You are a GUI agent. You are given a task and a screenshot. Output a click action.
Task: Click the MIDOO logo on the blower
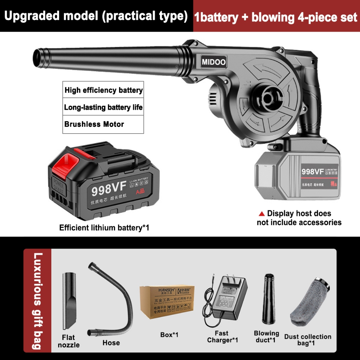coord(213,62)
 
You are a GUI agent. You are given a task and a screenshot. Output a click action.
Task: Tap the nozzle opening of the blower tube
coord(36,56)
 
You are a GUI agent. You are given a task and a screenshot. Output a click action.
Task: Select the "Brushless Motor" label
coord(94,124)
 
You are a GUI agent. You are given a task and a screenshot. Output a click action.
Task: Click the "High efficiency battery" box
coord(103,90)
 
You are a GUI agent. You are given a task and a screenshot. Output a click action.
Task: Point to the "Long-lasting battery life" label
coord(103,107)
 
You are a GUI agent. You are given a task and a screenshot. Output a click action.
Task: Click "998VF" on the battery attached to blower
coord(313,172)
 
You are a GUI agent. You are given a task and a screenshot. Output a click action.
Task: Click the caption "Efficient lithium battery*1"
coord(104,227)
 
